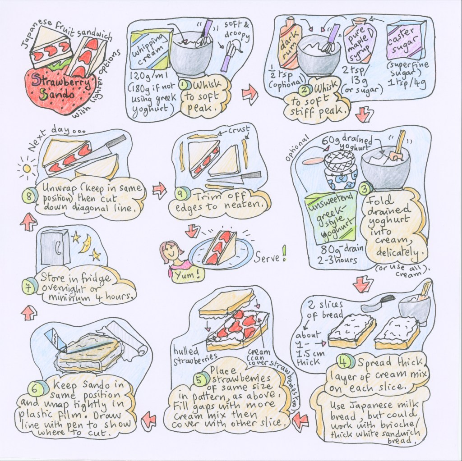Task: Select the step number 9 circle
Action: (x=180, y=194)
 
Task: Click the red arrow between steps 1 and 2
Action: (x=249, y=94)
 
